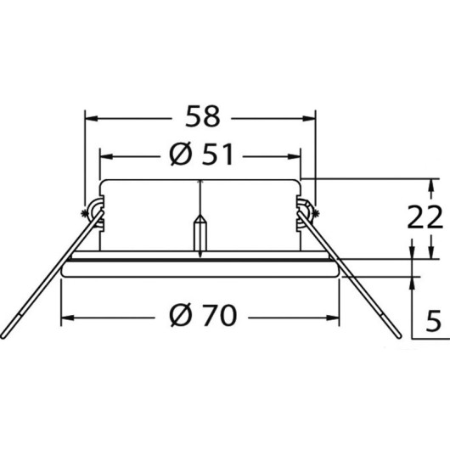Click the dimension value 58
[x=200, y=115]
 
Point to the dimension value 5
[x=432, y=322]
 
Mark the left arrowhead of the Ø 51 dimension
[x=106, y=156]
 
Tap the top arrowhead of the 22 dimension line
[x=433, y=184]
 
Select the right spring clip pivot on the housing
[x=307, y=211]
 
